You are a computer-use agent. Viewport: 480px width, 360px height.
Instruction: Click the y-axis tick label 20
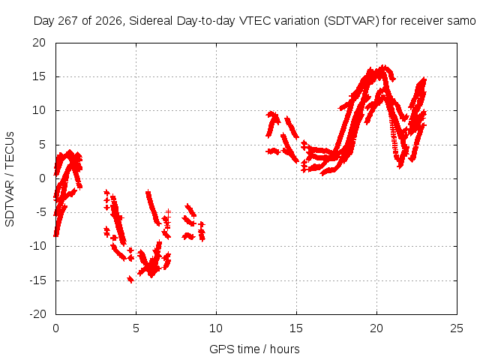point(39,43)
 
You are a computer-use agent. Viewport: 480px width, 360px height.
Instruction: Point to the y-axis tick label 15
point(39,76)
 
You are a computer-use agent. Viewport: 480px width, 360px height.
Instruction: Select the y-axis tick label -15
point(37,280)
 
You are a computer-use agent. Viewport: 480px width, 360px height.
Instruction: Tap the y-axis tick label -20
point(37,314)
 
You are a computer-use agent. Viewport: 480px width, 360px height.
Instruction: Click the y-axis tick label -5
point(40,212)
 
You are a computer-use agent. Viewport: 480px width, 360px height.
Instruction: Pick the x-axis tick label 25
point(457,328)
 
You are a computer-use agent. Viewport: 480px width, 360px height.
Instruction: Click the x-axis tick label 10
point(216,328)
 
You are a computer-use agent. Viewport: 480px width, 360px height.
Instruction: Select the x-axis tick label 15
point(296,328)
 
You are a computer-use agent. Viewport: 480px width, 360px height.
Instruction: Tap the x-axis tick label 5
point(136,328)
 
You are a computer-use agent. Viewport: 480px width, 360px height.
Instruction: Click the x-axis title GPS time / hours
point(255,349)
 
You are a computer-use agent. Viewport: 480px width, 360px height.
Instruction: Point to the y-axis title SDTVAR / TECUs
point(10,179)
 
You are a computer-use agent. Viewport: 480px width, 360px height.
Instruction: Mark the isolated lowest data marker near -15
point(130,279)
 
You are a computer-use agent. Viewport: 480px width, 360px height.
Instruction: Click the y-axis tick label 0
point(43,178)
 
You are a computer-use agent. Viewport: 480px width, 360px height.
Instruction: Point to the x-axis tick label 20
point(376,328)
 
